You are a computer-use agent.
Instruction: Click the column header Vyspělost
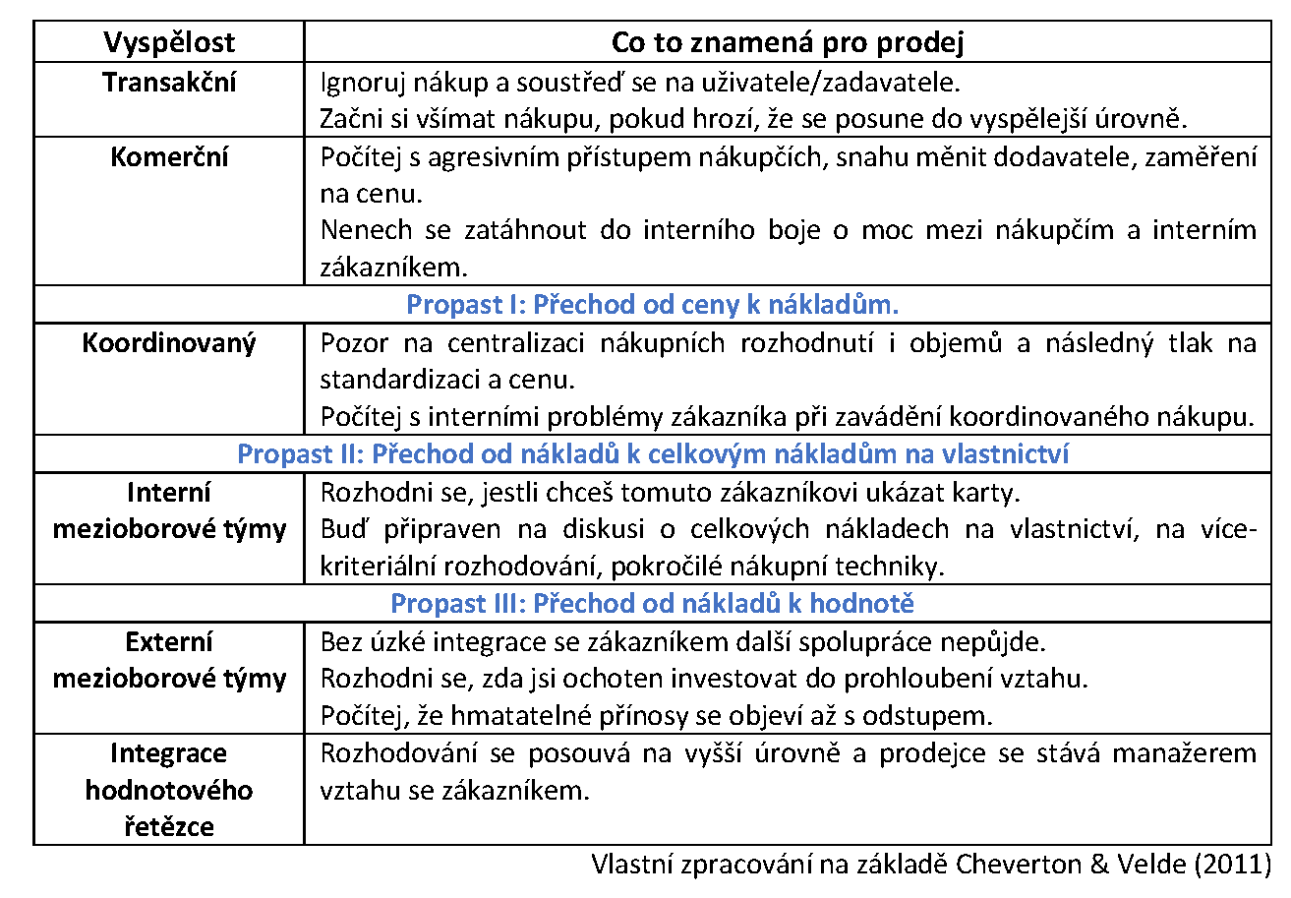click(x=169, y=42)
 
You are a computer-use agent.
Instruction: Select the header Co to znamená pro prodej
click(x=788, y=42)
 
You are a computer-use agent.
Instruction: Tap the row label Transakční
click(x=169, y=82)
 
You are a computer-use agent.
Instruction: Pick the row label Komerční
click(x=169, y=157)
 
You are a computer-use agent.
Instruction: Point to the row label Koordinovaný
click(x=169, y=343)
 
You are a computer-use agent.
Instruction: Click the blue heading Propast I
click(x=653, y=304)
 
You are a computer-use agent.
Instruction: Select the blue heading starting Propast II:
click(x=653, y=453)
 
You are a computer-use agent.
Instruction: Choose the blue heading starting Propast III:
click(x=653, y=603)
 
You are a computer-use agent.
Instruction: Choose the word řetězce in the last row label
click(x=169, y=827)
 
